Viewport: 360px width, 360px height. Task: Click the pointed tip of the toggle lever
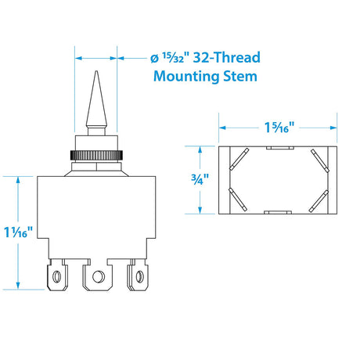pyautogui.click(x=96, y=71)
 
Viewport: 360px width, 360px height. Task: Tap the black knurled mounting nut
pyautogui.click(x=96, y=156)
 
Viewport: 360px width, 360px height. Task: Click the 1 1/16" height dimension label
pyautogui.click(x=19, y=232)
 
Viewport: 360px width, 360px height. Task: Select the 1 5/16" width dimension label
pyautogui.click(x=279, y=128)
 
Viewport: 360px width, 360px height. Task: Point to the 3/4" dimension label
pyautogui.click(x=200, y=179)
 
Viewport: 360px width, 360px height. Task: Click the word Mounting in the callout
pyautogui.click(x=187, y=77)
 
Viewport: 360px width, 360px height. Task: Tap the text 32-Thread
pyautogui.click(x=227, y=57)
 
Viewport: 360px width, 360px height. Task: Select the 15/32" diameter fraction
pyautogui.click(x=172, y=58)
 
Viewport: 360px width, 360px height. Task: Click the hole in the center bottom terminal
pyautogui.click(x=97, y=277)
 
